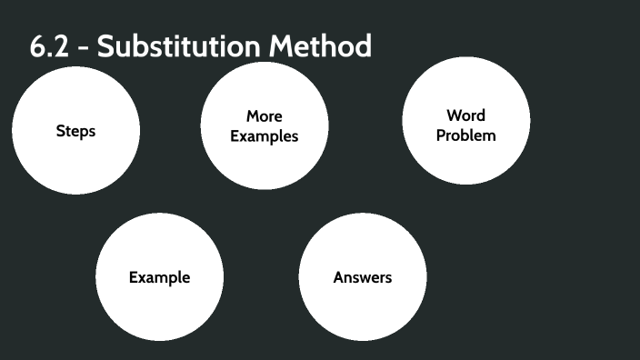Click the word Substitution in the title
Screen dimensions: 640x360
[179, 45]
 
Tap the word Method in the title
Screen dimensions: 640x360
[320, 45]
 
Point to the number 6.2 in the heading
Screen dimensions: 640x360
[49, 45]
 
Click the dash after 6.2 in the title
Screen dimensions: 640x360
[83, 48]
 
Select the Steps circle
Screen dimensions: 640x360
[76, 131]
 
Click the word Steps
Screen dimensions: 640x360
[76, 132]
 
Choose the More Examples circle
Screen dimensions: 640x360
[265, 125]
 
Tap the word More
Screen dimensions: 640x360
[265, 116]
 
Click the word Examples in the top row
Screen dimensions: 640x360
[265, 136]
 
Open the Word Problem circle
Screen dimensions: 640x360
[466, 120]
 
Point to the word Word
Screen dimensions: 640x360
[466, 115]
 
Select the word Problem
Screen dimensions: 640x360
[466, 135]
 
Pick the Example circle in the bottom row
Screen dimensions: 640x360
[160, 276]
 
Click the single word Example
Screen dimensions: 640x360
[160, 277]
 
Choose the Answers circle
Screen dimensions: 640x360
[363, 276]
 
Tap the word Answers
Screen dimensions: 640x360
[363, 277]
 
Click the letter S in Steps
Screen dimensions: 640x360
[60, 131]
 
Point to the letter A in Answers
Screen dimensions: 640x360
[340, 277]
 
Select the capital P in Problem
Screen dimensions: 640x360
[441, 135]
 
